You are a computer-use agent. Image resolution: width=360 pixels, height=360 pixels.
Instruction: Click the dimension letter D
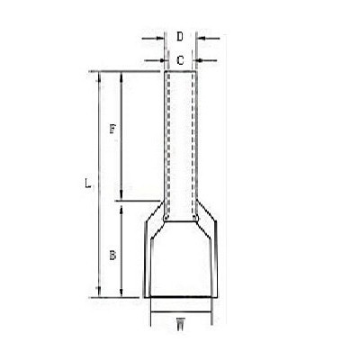coord(180,37)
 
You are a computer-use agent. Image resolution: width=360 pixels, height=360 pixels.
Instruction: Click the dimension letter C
coord(180,60)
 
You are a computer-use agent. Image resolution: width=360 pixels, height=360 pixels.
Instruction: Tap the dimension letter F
coord(112,130)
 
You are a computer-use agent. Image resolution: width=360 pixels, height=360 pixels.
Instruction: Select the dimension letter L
coord(87,184)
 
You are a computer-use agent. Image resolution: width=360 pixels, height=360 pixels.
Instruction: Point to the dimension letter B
coord(112,256)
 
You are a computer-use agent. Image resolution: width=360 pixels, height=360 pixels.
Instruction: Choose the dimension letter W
coord(180,324)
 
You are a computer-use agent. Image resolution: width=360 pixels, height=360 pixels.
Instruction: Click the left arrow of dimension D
coord(153,39)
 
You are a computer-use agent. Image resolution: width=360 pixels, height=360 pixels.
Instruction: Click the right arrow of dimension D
coord(209,39)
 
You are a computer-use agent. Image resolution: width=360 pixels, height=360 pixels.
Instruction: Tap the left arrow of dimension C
coord(154,60)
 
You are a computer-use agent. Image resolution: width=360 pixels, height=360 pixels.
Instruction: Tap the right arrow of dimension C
coord(206,60)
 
